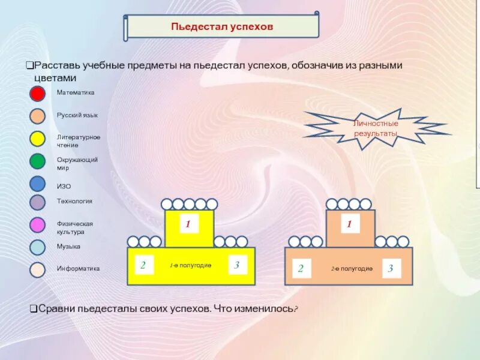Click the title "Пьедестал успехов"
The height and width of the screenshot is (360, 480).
[222, 27]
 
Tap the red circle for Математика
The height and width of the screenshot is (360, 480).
[38, 94]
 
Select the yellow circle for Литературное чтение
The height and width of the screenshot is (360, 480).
[38, 139]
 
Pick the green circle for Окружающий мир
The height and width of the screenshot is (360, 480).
[38, 161]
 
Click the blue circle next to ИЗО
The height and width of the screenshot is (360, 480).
[38, 184]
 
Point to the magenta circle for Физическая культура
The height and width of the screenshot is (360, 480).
[38, 225]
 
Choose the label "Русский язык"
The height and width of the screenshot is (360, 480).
[77, 115]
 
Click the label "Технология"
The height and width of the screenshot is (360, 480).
[74, 202]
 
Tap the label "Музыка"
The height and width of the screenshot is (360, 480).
[68, 247]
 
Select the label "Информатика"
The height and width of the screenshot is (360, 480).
[78, 269]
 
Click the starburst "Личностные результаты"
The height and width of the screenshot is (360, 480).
[376, 128]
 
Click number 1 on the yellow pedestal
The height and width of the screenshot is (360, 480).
[188, 224]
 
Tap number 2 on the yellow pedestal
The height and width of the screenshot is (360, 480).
[143, 265]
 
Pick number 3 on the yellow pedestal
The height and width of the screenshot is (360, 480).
[237, 265]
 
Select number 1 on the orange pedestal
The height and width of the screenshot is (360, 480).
[350, 224]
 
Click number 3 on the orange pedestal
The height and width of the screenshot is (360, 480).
[391, 268]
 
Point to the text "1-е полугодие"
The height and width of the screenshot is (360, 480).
[190, 265]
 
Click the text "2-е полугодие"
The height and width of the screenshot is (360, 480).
[352, 268]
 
